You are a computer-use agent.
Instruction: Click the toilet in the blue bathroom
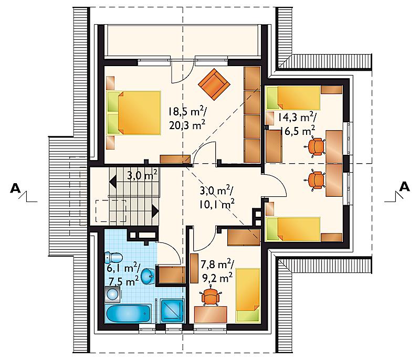[113, 258]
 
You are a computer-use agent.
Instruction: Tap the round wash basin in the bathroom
[148, 276]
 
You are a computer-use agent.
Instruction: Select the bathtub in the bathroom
[129, 314]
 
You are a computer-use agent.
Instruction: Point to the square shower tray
[172, 311]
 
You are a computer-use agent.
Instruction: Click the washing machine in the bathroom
[113, 294]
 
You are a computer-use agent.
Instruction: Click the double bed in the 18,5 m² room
[134, 113]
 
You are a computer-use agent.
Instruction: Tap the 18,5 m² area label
[187, 111]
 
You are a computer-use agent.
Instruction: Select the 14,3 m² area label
[297, 117]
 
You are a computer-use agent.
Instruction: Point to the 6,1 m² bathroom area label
[123, 268]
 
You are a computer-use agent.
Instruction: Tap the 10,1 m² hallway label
[217, 205]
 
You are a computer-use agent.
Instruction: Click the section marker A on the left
[16, 188]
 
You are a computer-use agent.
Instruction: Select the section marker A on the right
[404, 186]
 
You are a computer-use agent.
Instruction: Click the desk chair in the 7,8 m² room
[211, 296]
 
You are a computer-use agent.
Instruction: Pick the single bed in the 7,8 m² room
[248, 295]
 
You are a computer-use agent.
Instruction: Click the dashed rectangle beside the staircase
[111, 211]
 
